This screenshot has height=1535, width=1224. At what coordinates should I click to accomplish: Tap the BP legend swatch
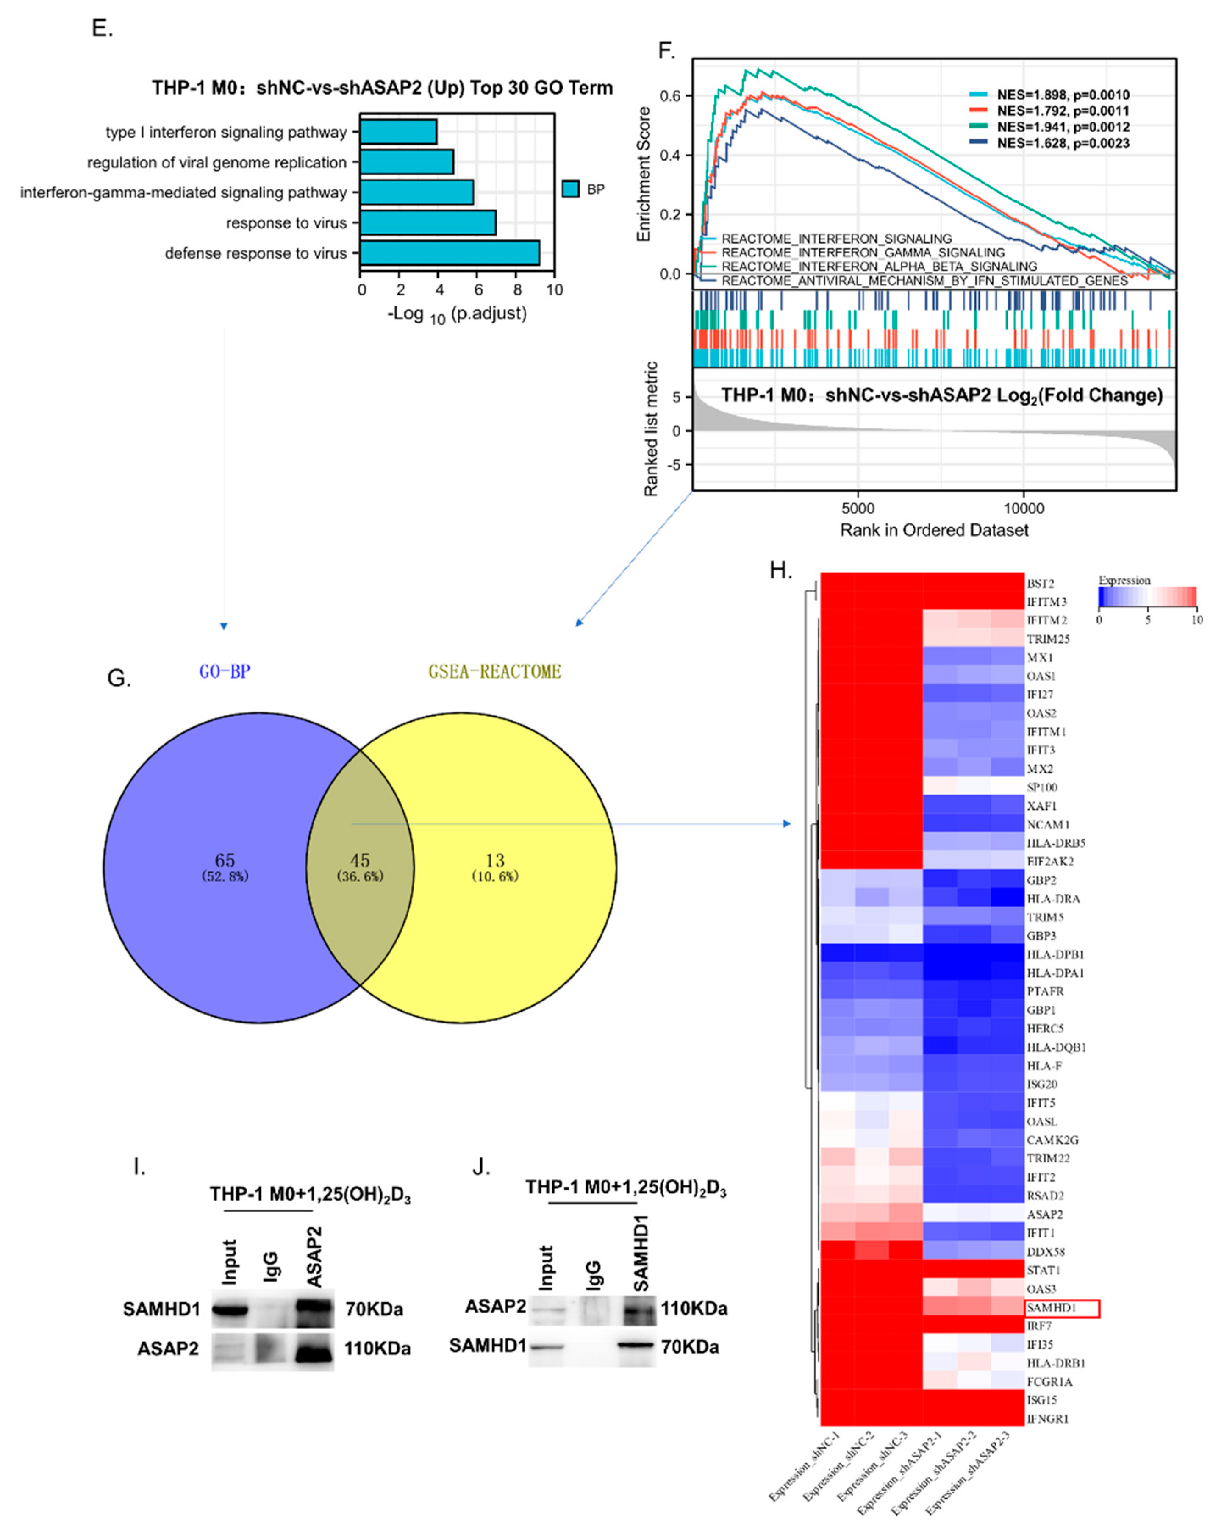570,189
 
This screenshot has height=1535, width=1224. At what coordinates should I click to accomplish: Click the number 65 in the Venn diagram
225,860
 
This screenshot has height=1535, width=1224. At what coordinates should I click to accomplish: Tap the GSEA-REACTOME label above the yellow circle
494,671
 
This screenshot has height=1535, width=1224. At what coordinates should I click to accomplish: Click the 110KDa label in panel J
694,1309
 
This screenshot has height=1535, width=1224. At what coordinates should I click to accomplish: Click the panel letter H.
781,570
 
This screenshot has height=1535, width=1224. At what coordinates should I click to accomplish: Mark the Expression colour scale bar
1147,597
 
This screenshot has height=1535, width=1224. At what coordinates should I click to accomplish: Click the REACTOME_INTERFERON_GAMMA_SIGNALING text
863,253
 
